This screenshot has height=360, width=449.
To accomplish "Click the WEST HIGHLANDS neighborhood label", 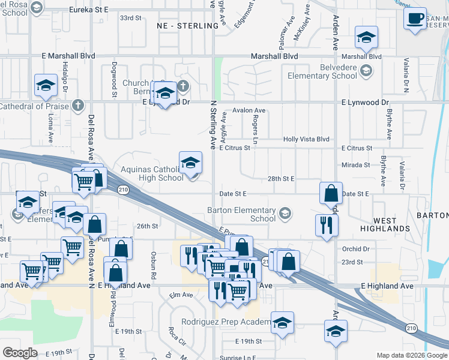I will click(385, 225).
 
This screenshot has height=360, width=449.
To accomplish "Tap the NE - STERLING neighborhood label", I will click(187, 26).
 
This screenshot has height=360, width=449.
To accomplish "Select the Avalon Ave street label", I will click(249, 110).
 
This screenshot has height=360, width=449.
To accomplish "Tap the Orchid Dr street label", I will click(356, 249).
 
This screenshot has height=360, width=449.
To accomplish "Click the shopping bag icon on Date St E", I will click(330, 193).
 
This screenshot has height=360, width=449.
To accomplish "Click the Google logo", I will click(20, 352).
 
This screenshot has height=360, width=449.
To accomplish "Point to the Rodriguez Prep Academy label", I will click(231, 322).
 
